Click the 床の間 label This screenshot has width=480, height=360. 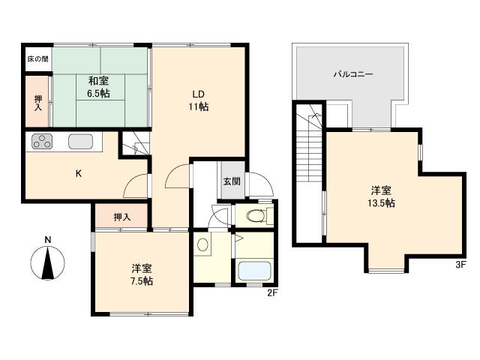point(37,58)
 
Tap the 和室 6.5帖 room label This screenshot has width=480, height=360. point(98,87)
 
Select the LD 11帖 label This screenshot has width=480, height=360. point(198,100)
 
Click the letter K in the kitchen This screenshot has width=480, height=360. point(79,174)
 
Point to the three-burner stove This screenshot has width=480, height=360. point(42,142)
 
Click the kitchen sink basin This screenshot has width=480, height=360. point(80,142)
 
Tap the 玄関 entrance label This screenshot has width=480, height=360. point(232,181)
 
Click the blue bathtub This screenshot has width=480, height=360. point(254,271)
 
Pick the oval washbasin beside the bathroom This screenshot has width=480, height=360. point(202,245)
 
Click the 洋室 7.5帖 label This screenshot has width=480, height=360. point(142,275)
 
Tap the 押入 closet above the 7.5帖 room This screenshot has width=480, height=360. point(122,217)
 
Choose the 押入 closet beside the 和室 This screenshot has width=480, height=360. point(38,103)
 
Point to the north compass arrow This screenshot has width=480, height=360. point(47,263)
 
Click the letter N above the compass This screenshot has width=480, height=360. point(47,240)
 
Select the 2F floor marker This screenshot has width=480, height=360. point(272,293)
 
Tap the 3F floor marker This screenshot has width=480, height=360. point(460,265)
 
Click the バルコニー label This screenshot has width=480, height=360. point(353,74)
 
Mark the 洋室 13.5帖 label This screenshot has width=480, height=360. point(381,196)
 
